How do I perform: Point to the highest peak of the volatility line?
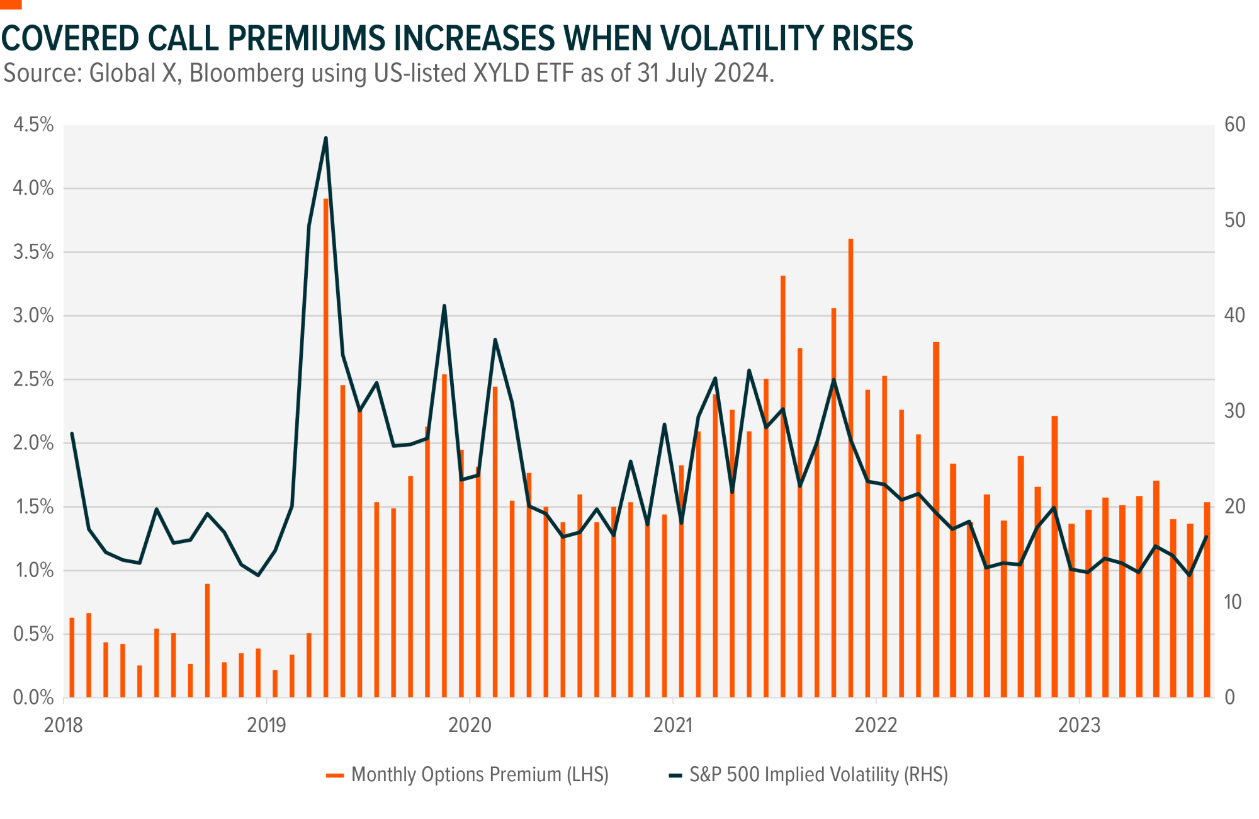325,138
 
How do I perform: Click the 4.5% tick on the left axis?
34,125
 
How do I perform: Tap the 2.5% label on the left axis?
34,379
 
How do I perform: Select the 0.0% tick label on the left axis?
34,697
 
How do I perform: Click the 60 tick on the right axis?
1234,125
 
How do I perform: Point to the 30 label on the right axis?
1234,411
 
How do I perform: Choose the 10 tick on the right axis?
1233,602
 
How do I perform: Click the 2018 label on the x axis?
63,725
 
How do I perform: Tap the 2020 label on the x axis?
470,725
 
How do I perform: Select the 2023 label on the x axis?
1079,725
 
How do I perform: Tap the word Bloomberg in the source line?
247,74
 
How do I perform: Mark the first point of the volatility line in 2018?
72,433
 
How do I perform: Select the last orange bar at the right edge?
1207,598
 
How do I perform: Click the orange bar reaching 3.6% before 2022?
850,466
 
